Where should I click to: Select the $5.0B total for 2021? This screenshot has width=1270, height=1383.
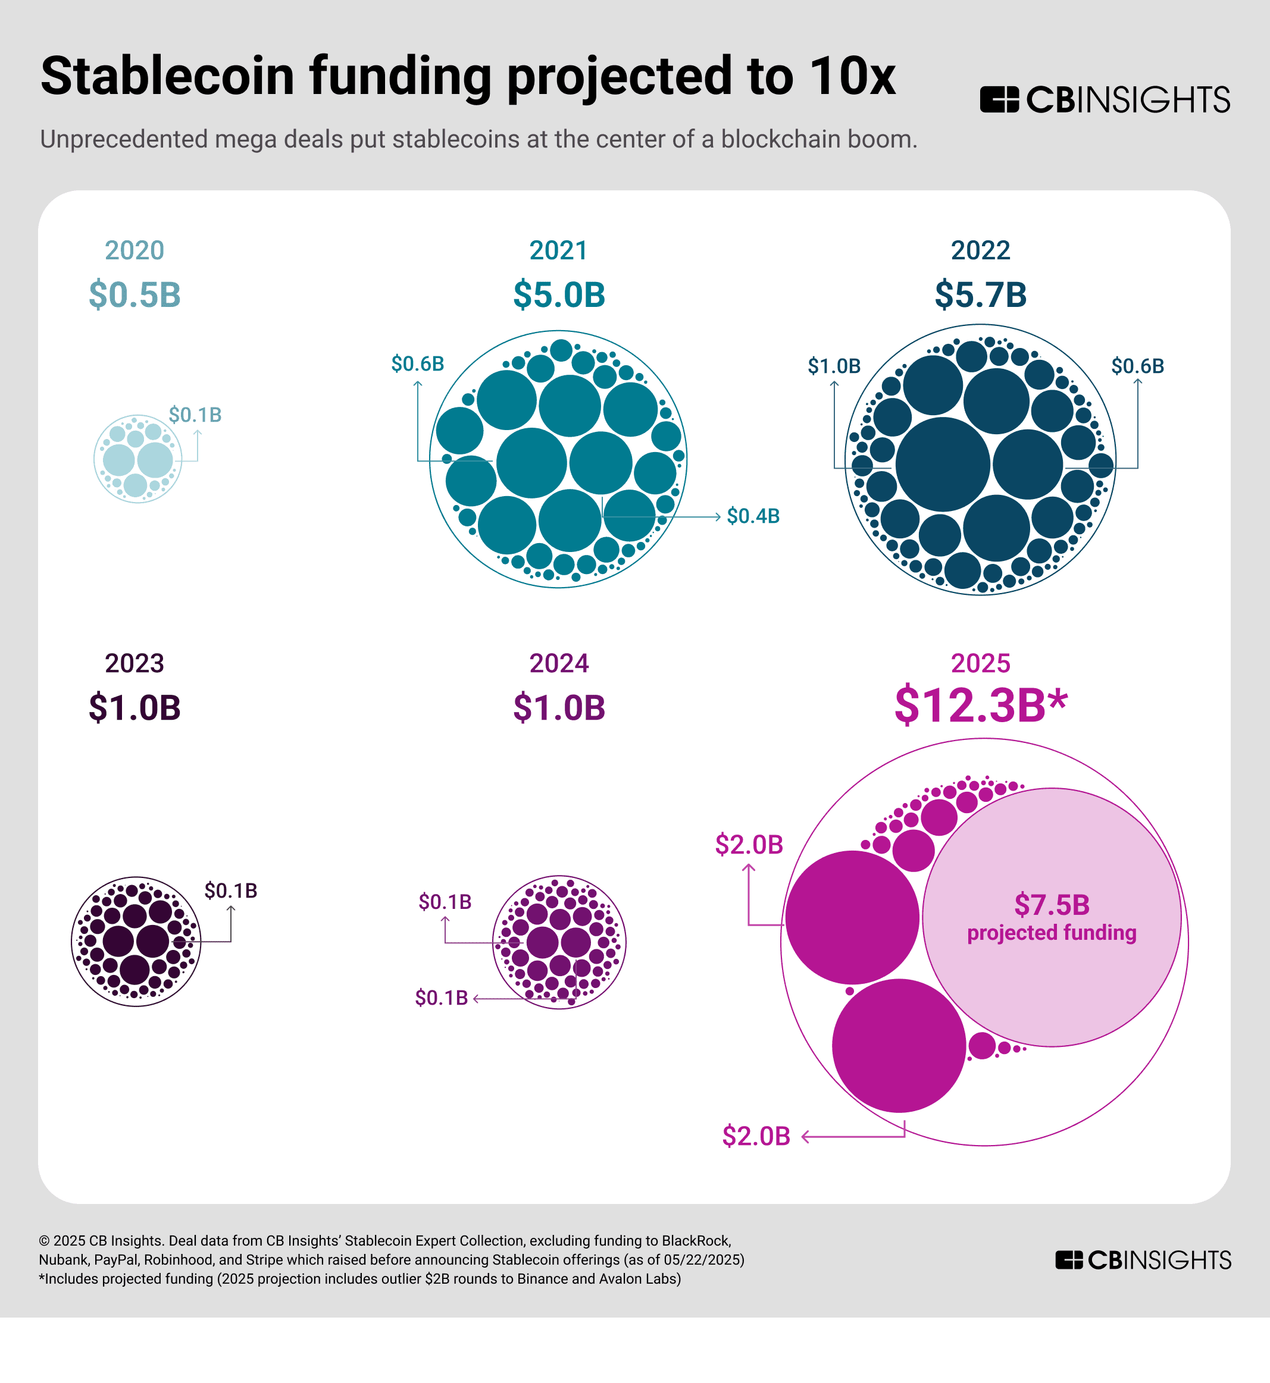[559, 294]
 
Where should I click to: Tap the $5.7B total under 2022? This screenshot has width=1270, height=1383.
[980, 294]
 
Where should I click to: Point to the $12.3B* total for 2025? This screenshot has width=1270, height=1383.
[981, 705]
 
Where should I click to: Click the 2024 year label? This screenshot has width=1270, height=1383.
[559, 664]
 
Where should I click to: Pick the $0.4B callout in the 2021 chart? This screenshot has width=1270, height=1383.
[753, 516]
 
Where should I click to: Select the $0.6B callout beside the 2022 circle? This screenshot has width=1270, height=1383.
[1137, 366]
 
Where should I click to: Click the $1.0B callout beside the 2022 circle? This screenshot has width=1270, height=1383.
[834, 366]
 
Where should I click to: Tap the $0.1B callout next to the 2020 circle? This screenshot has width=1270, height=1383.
[195, 415]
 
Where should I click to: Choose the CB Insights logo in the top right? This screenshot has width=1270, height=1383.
[1105, 99]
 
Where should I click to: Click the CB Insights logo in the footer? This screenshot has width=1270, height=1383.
[1143, 1260]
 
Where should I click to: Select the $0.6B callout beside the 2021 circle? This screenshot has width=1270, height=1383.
[417, 364]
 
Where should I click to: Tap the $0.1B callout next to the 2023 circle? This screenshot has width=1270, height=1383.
[230, 891]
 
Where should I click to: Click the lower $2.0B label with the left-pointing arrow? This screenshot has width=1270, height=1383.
[756, 1136]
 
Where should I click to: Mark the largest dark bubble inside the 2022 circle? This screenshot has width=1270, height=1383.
[942, 465]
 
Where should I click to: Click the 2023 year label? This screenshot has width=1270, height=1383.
[134, 664]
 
